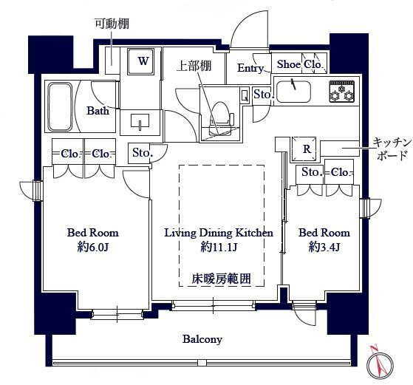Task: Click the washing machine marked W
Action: (x=142, y=61)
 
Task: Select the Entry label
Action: (x=250, y=68)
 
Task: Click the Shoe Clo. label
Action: (x=298, y=64)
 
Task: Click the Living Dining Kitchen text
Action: (x=218, y=232)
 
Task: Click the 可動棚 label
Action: (x=108, y=23)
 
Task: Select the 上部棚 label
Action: (x=194, y=66)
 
